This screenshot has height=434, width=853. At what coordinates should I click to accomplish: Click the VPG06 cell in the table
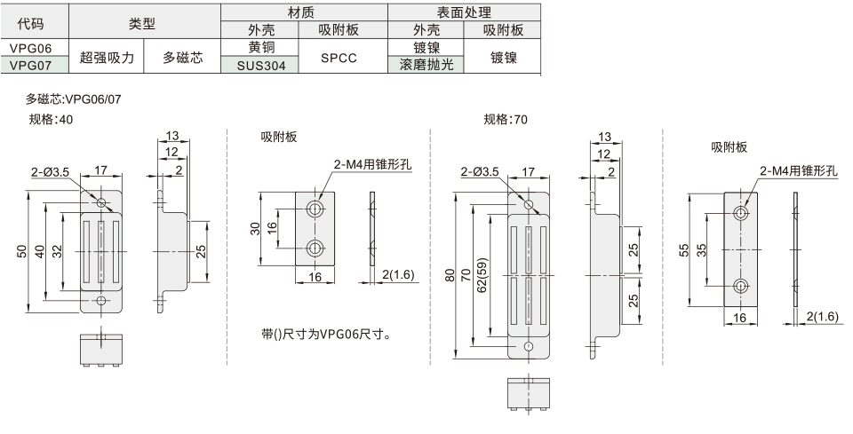pos(34,49)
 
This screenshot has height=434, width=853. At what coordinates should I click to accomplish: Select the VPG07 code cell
pos(34,65)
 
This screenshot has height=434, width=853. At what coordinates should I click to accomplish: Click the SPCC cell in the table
pos(339,57)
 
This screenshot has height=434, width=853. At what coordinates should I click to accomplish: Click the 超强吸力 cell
pos(107,57)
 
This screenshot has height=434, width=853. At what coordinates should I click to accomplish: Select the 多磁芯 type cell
pos(182,57)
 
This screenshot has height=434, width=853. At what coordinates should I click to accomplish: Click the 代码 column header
pos(34,23)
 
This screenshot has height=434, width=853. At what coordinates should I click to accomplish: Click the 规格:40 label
pos(52,118)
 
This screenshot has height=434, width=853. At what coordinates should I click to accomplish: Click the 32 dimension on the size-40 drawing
pos(56,251)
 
